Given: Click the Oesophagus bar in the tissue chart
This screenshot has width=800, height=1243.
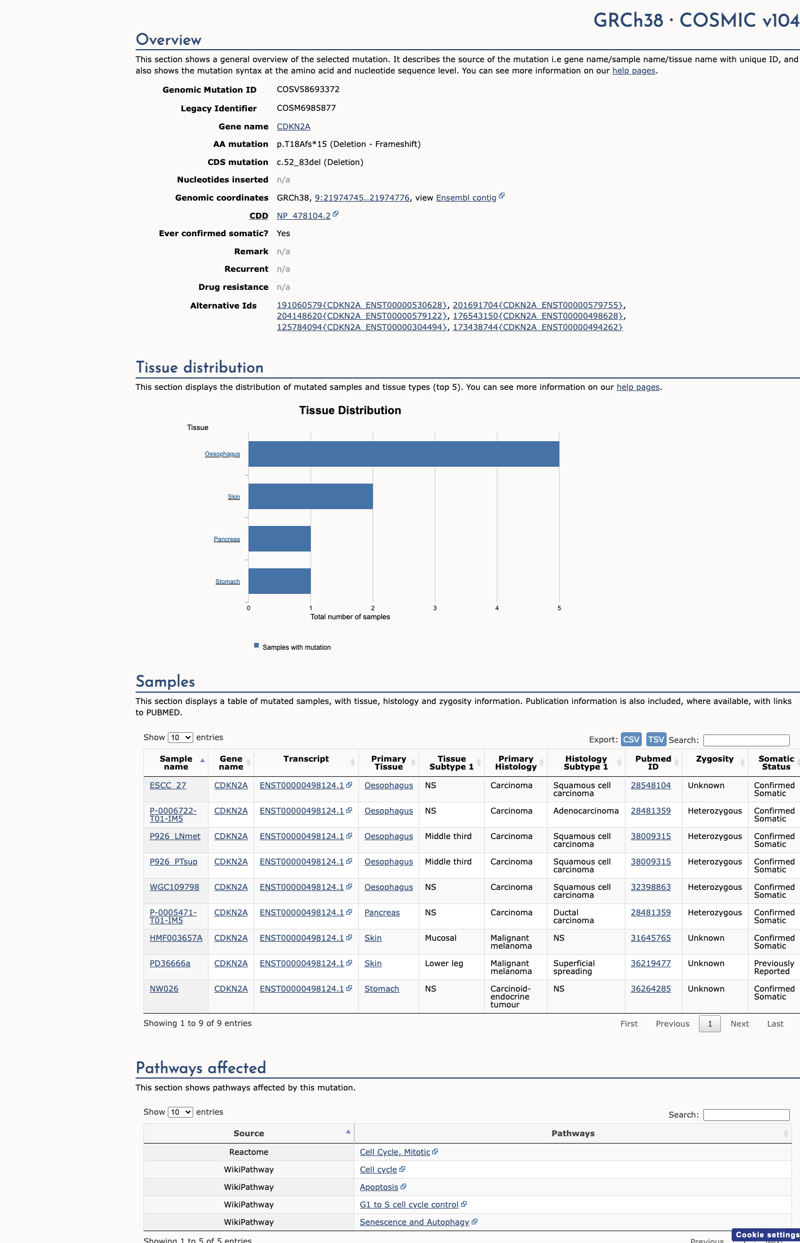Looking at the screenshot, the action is coord(404,454).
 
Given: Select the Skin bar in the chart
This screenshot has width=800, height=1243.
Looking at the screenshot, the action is coord(311,496).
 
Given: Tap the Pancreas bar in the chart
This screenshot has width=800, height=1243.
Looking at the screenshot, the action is coord(280,538).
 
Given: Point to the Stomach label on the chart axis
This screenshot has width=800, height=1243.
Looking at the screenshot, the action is coord(228,581).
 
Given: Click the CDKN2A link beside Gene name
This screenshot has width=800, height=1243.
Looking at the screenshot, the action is coord(293,127).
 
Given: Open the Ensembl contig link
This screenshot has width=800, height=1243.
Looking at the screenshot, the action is coord(466,198).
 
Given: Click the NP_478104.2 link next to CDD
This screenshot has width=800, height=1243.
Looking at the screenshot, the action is coord(303,216).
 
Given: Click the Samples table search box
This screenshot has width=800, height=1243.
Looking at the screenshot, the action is coord(746,740).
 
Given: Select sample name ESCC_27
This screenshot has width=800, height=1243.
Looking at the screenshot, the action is coord(168,785).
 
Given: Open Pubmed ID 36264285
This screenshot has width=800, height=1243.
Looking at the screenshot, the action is coord(651,989).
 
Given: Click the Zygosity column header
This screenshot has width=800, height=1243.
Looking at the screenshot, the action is coord(715,759).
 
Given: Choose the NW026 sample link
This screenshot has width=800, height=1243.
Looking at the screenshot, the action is coord(164,989).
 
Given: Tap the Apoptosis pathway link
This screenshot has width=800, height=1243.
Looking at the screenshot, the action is coord(379,1187).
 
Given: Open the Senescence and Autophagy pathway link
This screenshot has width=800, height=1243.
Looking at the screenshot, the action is coord(415,1222).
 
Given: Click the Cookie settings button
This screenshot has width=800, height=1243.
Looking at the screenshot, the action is coord(766,1235).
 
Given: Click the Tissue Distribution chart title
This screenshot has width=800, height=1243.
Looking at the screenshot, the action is coord(350,410).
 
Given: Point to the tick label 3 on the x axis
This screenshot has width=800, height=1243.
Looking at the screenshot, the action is coord(435,608).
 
